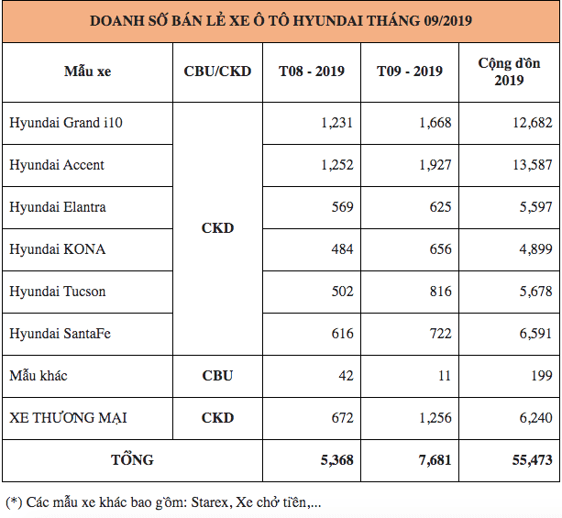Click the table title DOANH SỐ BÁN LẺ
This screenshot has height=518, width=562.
(x=281, y=20)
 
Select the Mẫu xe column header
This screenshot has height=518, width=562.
(x=87, y=72)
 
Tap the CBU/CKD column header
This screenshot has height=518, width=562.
(x=217, y=72)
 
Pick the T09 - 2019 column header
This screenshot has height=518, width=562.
(x=410, y=72)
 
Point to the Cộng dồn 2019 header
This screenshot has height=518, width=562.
(x=508, y=72)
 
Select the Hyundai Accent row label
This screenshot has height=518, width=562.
(x=57, y=165)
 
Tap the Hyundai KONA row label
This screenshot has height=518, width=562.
(x=57, y=249)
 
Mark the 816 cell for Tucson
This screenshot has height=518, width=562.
(x=440, y=292)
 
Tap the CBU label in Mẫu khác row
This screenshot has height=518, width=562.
(x=217, y=376)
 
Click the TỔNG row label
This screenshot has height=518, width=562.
(x=133, y=460)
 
